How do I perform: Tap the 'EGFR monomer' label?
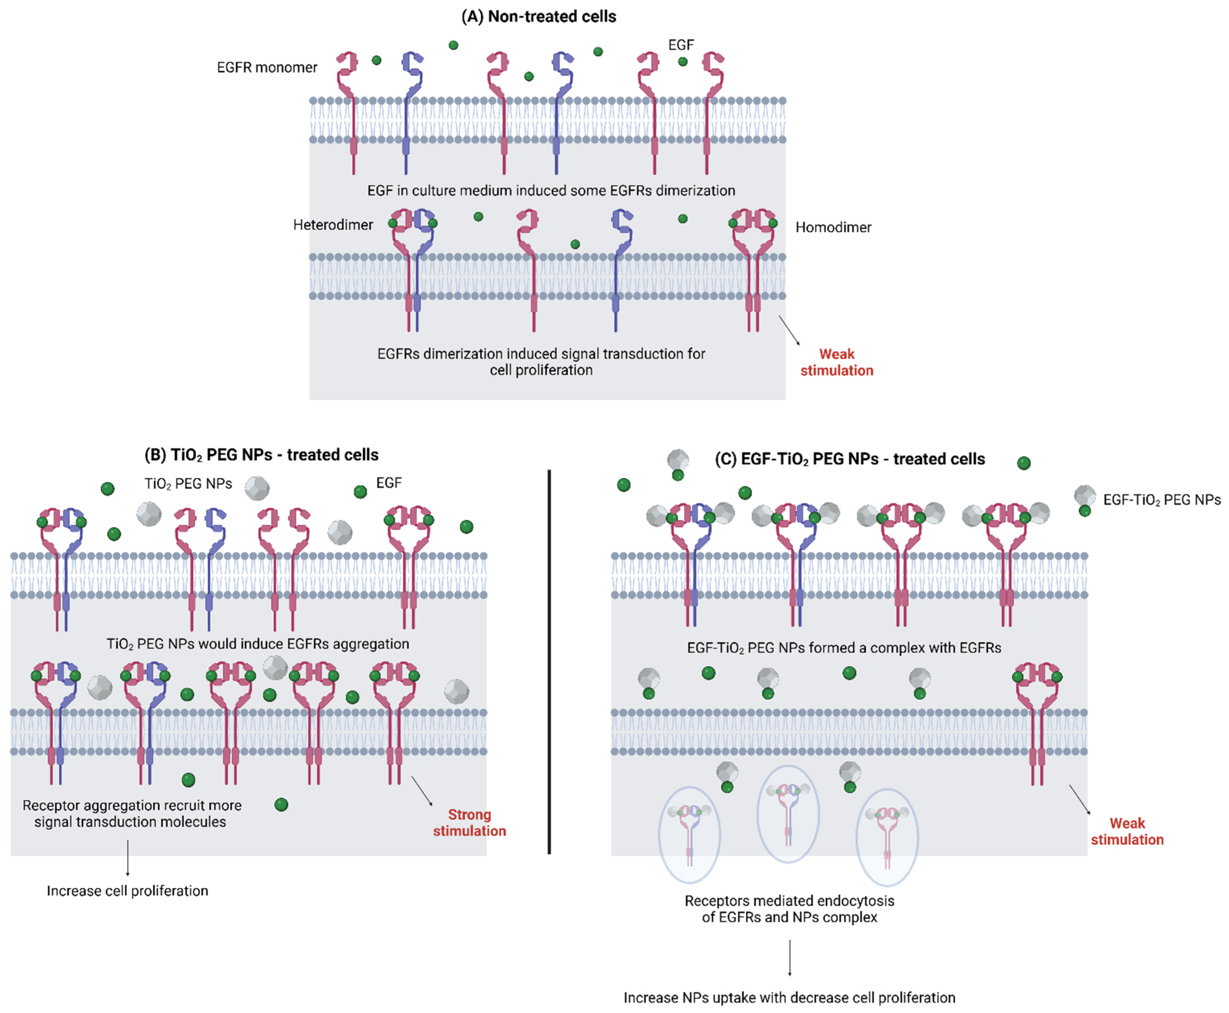click(x=267, y=68)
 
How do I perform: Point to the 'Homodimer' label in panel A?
click(x=833, y=228)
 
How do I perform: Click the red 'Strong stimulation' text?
click(x=469, y=823)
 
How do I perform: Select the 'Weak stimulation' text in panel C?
click(x=1127, y=832)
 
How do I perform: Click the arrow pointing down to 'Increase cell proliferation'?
click(x=128, y=858)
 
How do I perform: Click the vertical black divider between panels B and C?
click(x=549, y=662)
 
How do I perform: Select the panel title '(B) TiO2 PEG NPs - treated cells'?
click(x=262, y=455)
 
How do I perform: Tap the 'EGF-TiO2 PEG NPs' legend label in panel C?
click(x=1161, y=500)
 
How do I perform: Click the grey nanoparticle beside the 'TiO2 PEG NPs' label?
click(x=257, y=488)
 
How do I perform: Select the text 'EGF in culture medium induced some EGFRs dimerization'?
click(x=551, y=191)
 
